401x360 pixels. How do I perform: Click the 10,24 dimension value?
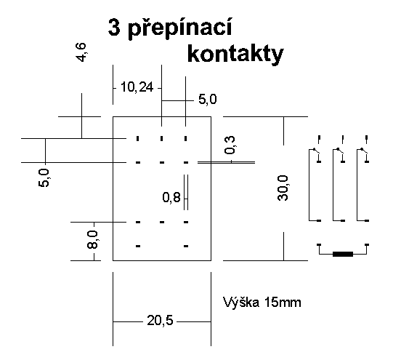(x=137, y=87)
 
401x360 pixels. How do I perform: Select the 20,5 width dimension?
(x=160, y=321)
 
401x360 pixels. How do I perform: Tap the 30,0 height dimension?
(x=283, y=188)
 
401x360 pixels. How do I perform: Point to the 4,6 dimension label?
(x=81, y=52)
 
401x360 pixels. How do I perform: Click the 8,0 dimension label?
(x=92, y=239)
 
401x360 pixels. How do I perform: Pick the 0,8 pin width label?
(x=171, y=197)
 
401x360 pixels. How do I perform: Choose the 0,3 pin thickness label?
(x=230, y=145)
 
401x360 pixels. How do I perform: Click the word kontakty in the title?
(x=235, y=55)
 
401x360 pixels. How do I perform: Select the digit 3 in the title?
(x=114, y=28)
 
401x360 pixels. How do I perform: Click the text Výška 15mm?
(x=262, y=303)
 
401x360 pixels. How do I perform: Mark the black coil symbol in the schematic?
(x=343, y=254)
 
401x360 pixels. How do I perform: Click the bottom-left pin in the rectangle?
(x=138, y=246)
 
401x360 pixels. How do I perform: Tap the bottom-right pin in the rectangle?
(x=186, y=246)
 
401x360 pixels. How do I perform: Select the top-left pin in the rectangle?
(x=137, y=138)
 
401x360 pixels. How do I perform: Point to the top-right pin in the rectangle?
(x=186, y=138)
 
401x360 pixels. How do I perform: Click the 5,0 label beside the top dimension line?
(x=208, y=99)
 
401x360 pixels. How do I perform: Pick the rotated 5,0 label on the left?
(x=44, y=178)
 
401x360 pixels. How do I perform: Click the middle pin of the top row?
(x=161, y=138)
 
